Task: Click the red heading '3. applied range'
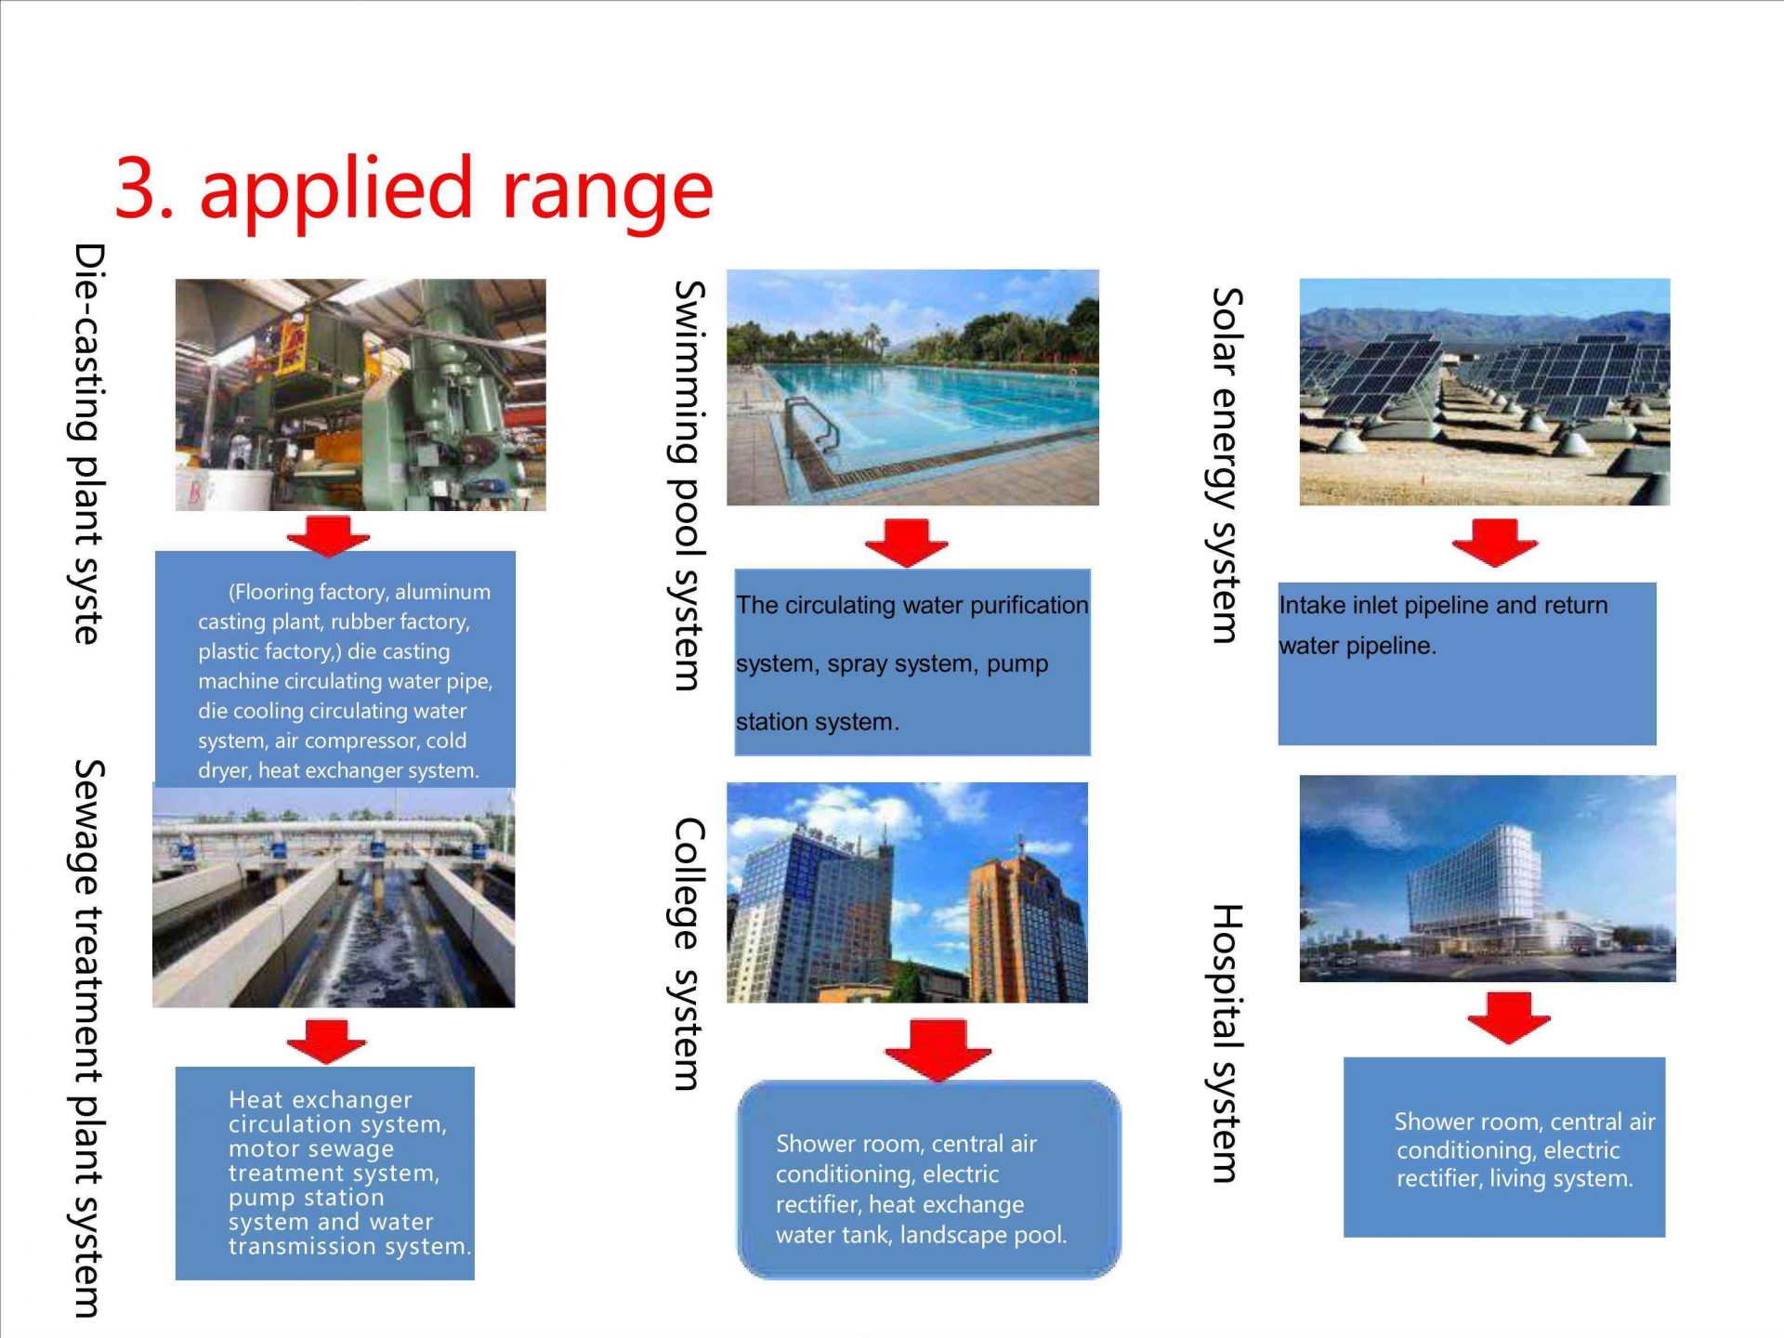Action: click(413, 190)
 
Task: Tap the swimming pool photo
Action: click(912, 387)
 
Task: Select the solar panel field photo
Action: click(1485, 392)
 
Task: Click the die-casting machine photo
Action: click(361, 395)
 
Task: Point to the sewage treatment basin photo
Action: click(334, 898)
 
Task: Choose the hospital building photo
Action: click(1488, 879)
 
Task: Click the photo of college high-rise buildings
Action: click(907, 893)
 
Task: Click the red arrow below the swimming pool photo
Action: click(907, 543)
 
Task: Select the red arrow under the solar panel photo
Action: click(1495, 543)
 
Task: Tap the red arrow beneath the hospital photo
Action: click(1509, 1017)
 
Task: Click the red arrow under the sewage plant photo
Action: click(326, 1041)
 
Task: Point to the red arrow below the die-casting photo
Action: click(328, 536)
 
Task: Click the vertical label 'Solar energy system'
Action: click(1226, 466)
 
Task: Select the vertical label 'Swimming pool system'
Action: click(688, 486)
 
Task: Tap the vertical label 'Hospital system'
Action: click(1226, 1043)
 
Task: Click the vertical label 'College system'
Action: click(689, 954)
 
